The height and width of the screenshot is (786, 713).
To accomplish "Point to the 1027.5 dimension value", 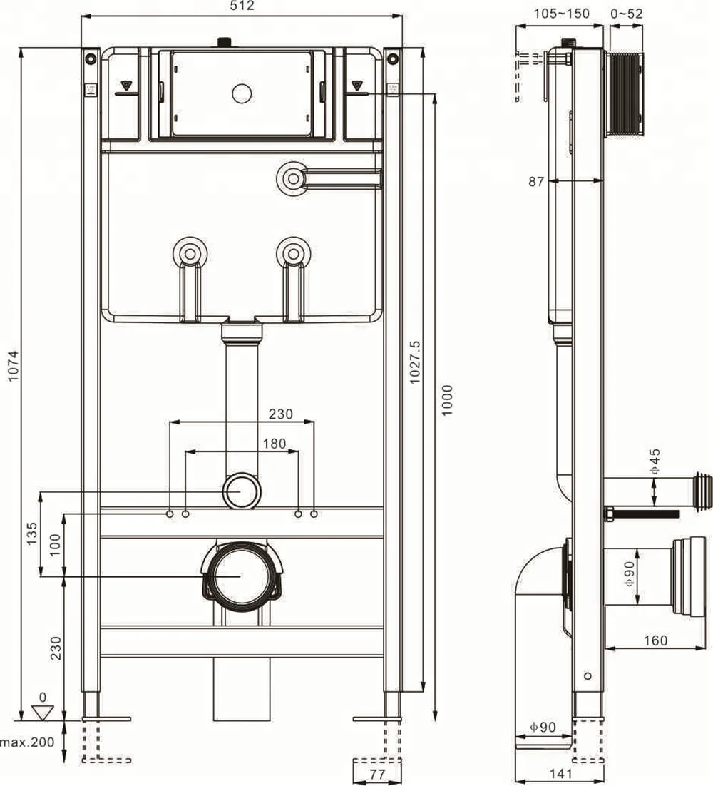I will (416, 362).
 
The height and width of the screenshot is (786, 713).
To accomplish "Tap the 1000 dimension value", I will (446, 400).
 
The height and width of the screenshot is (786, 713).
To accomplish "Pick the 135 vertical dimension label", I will (32, 534).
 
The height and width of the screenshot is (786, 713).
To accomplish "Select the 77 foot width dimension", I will (377, 772).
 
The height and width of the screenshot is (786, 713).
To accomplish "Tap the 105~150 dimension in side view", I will (562, 14).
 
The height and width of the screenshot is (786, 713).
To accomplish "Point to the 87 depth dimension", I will (536, 182).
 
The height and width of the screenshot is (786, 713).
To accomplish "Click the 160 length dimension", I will (654, 640).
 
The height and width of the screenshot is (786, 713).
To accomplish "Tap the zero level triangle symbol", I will (44, 711).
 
